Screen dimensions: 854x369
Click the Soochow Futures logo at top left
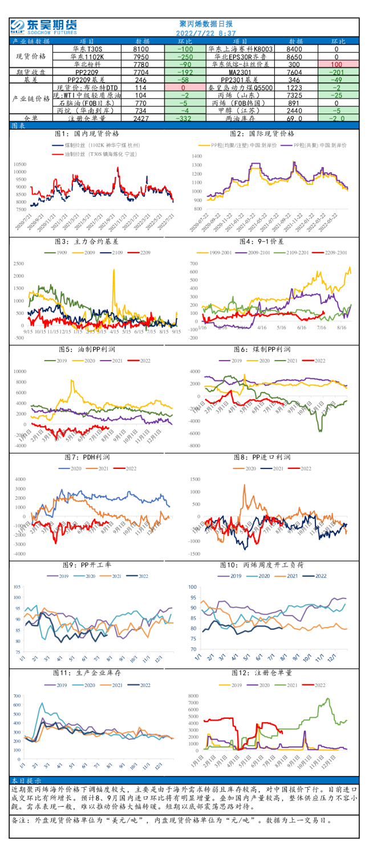click(43, 26)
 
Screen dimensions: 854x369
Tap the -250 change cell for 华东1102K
click(185, 57)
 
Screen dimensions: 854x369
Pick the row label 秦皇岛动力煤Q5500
click(241, 87)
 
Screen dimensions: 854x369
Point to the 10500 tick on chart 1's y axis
click(19, 164)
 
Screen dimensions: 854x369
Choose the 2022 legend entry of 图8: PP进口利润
click(301, 468)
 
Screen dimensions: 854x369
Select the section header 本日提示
click(26, 780)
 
